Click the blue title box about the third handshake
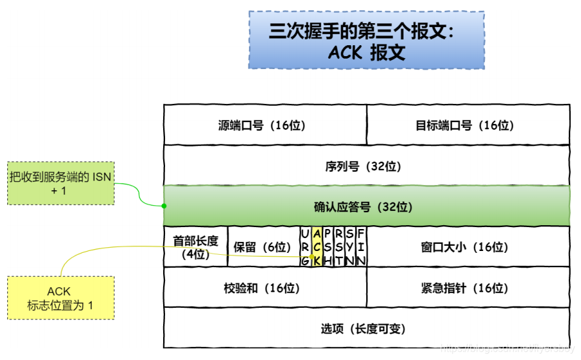pyautogui.click(x=366, y=39)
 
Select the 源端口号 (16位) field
pyautogui.click(x=265, y=125)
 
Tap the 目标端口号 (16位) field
pyautogui.click(x=468, y=125)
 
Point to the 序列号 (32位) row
pyautogui.click(x=366, y=166)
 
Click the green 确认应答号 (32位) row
pyautogui.click(x=366, y=206)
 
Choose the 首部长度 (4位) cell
pyautogui.click(x=195, y=247)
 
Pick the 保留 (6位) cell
pyautogui.click(x=263, y=247)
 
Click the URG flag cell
pyautogui.click(x=305, y=247)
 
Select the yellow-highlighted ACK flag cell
pyautogui.click(x=317, y=247)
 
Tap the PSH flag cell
pyautogui.click(x=328, y=247)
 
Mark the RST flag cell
pyautogui.click(x=339, y=247)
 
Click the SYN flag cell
pyautogui.click(x=350, y=247)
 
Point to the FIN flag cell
pyautogui.click(x=361, y=247)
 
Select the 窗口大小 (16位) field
pyautogui.click(x=468, y=247)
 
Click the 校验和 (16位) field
pyautogui.click(x=265, y=288)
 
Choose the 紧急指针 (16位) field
pyautogui.click(x=468, y=288)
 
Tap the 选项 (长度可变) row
pyautogui.click(x=366, y=328)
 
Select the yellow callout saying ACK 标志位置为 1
pyautogui.click(x=60, y=297)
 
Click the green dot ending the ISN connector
pyautogui.click(x=164, y=206)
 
